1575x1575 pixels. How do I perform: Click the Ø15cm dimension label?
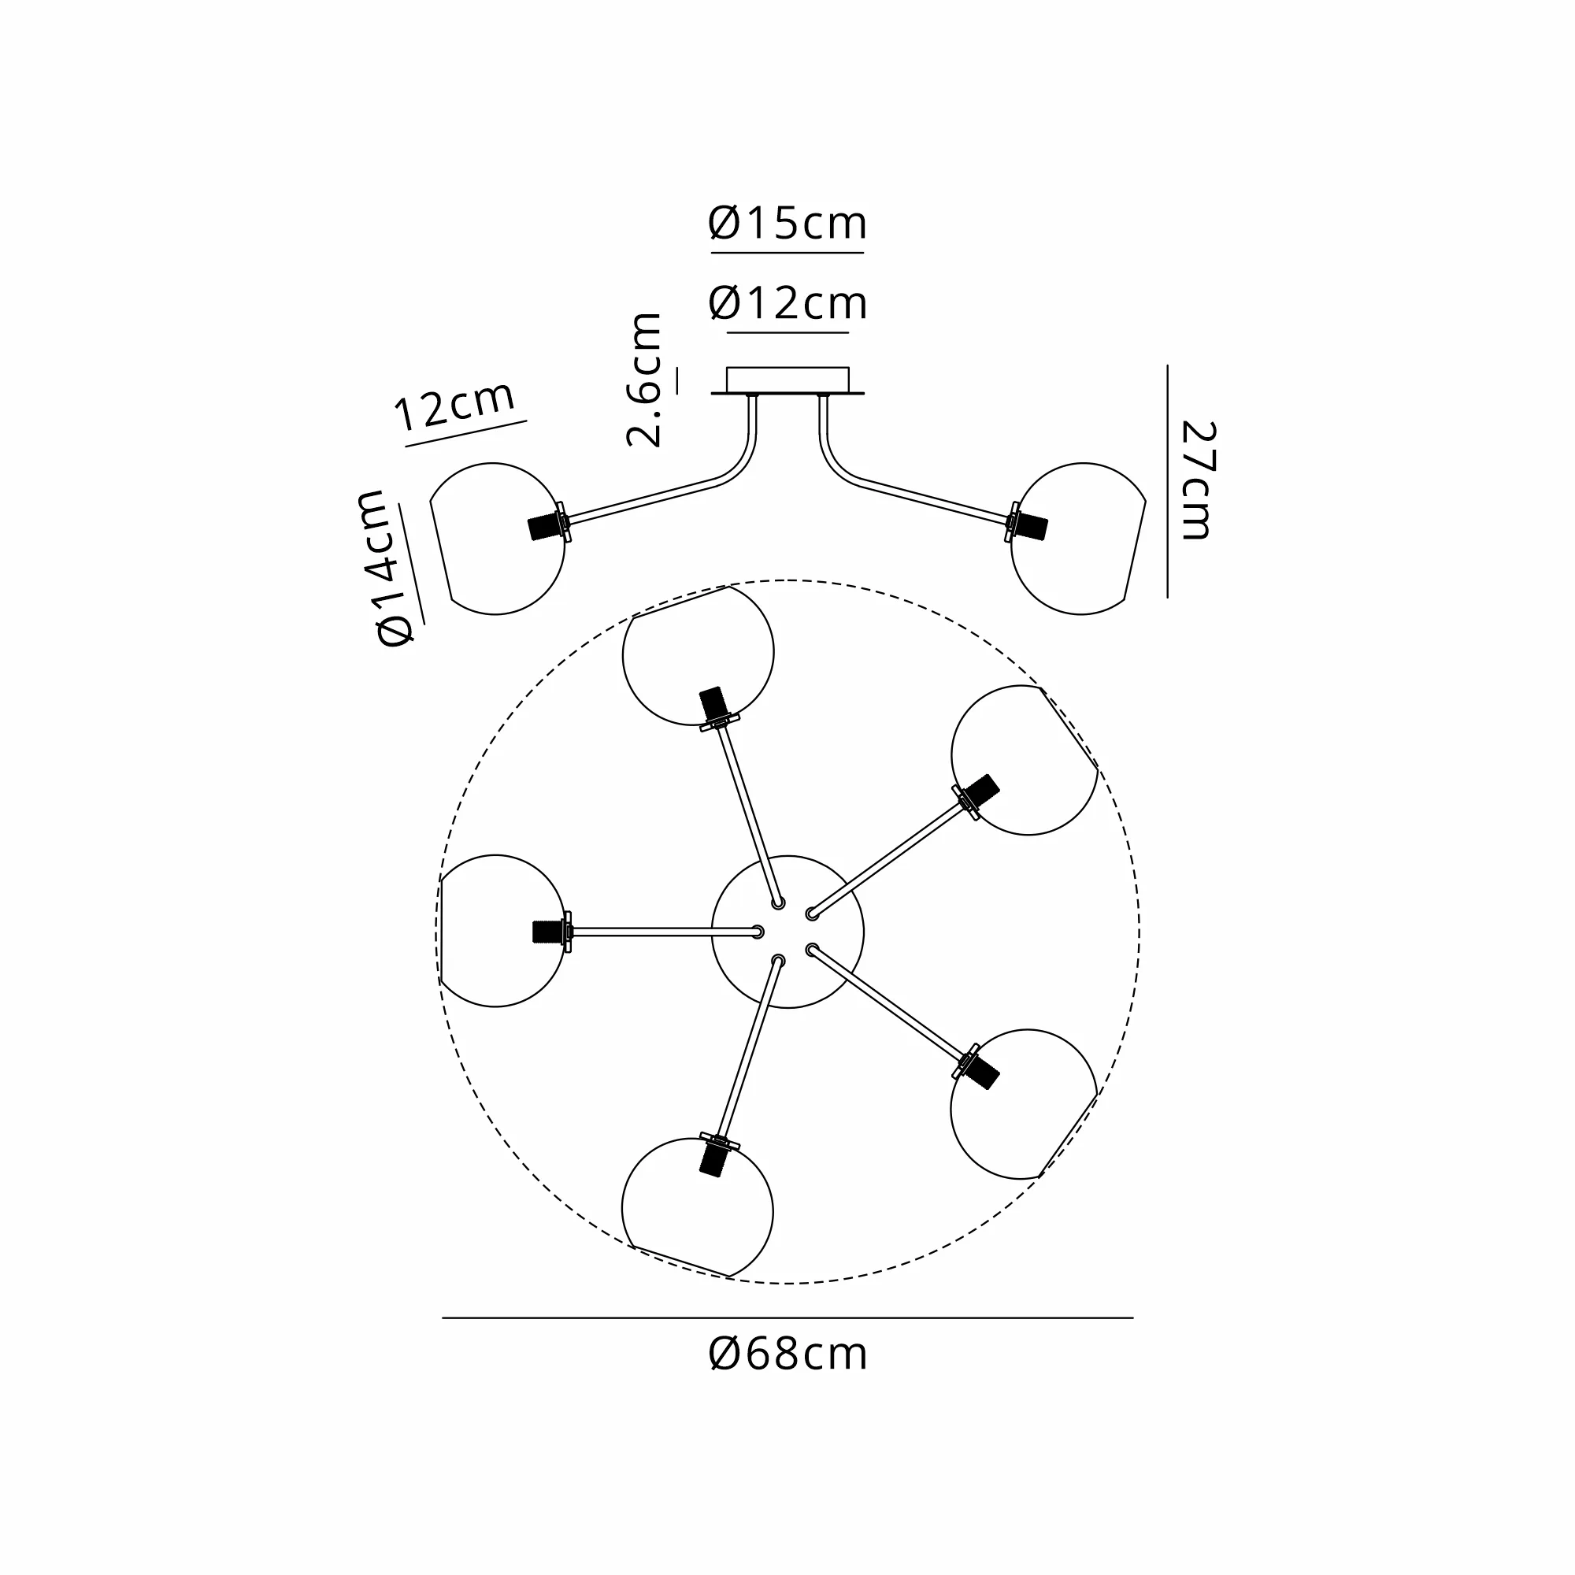pyautogui.click(x=787, y=224)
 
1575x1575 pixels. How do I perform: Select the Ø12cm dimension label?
pyautogui.click(x=787, y=303)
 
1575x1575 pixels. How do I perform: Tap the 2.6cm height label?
pyautogui.click(x=644, y=380)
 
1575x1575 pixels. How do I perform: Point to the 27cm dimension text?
pyautogui.click(x=1199, y=480)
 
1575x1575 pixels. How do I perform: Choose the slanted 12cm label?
pyautogui.click(x=455, y=404)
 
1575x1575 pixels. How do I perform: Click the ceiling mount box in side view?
pyautogui.click(x=787, y=380)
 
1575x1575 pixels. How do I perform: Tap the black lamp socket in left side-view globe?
pyautogui.click(x=543, y=527)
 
